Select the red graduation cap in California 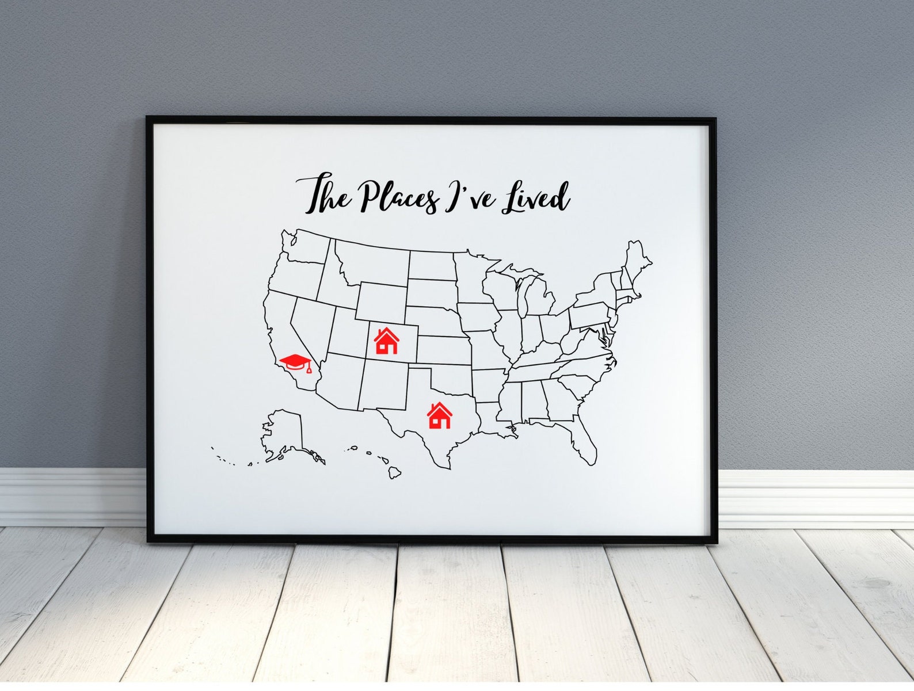point(295,364)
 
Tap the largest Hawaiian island point(394,472)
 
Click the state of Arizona point(337,383)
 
